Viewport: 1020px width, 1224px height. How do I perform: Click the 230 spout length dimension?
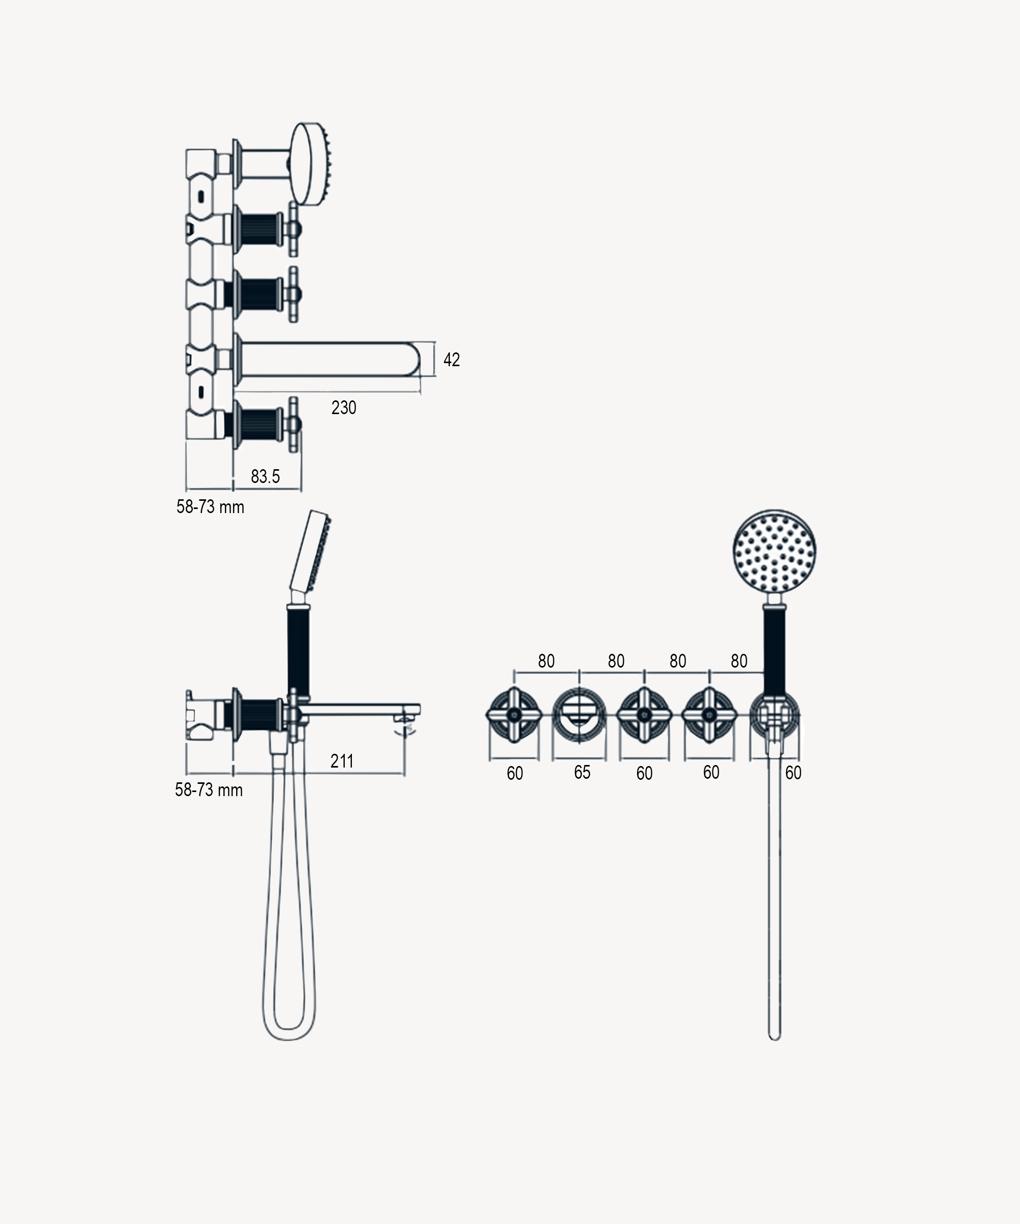coord(344,407)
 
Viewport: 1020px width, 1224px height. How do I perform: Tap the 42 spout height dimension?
coord(452,360)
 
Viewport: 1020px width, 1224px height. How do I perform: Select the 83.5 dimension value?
coord(265,476)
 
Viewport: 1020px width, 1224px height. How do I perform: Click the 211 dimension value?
coord(342,760)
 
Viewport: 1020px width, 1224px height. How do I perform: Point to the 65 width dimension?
coord(582,772)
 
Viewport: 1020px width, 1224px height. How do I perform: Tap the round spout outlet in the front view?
coord(579,715)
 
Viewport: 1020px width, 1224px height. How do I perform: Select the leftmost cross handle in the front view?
coord(514,715)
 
